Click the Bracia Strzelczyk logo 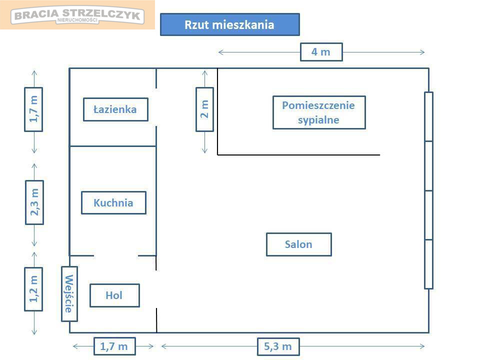[77, 15]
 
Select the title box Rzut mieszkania [230, 24]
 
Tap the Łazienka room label [115, 109]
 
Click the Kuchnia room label [113, 202]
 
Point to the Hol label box [115, 295]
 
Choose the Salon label [299, 244]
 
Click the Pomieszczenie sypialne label [319, 112]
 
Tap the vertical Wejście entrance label [69, 293]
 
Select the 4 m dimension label [321, 52]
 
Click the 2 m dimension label [205, 109]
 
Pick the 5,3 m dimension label [278, 346]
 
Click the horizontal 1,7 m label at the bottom [114, 346]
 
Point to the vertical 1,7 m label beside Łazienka [33, 109]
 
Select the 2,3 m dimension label [34, 202]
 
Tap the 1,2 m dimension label [33, 289]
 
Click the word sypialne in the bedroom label [318, 120]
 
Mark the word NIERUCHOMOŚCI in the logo [77, 20]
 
